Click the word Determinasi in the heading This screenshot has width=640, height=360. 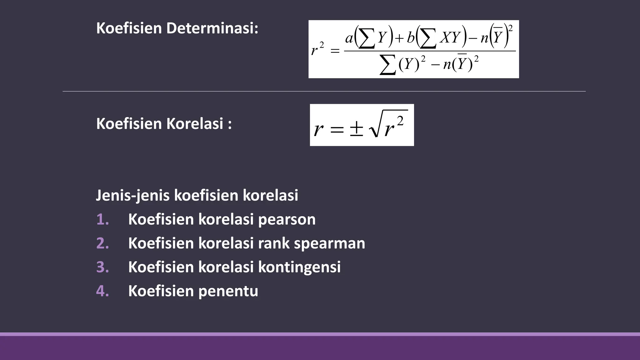pos(212,28)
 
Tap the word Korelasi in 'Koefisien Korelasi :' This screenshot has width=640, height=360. pos(194,123)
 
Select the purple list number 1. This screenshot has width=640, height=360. pos(102,219)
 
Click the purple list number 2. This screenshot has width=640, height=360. pos(102,243)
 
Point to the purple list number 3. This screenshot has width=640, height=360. pos(102,267)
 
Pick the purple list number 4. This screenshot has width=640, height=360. pos(102,291)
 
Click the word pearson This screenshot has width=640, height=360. pos(287,220)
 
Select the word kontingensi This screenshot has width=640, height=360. pos(299,267)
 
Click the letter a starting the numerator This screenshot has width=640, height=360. pos(349,38)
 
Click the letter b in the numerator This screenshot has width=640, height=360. pos(411,38)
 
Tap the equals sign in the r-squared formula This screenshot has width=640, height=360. pos(335,51)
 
